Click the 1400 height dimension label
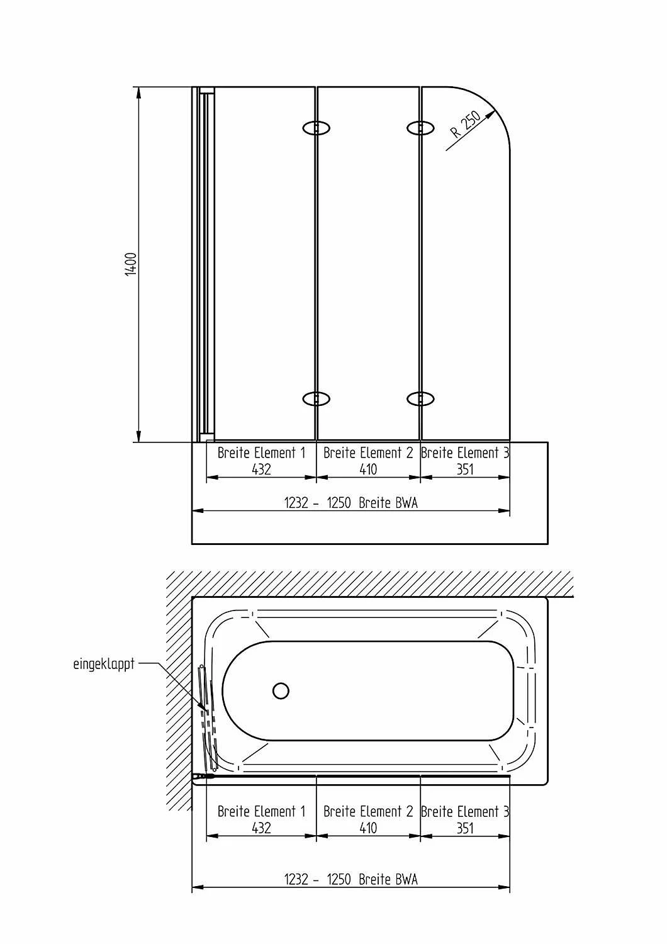tap(131, 264)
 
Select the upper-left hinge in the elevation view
tap(317, 128)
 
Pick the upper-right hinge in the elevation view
tap(420, 128)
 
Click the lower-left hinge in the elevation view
tap(317, 399)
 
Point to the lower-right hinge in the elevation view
tap(420, 399)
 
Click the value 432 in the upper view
tap(261, 469)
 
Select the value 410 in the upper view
tap(368, 469)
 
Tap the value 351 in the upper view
tap(465, 469)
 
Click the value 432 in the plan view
tap(261, 828)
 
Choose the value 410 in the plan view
tap(368, 828)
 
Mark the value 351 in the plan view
tap(465, 828)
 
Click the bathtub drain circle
tap(281, 691)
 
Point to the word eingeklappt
tap(104, 664)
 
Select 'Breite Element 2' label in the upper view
tap(368, 453)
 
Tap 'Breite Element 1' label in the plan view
tap(261, 812)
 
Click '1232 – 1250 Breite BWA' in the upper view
tap(350, 503)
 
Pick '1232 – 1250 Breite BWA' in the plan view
tap(350, 879)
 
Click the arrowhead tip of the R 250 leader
tap(494, 111)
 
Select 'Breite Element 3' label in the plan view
tap(465, 812)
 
